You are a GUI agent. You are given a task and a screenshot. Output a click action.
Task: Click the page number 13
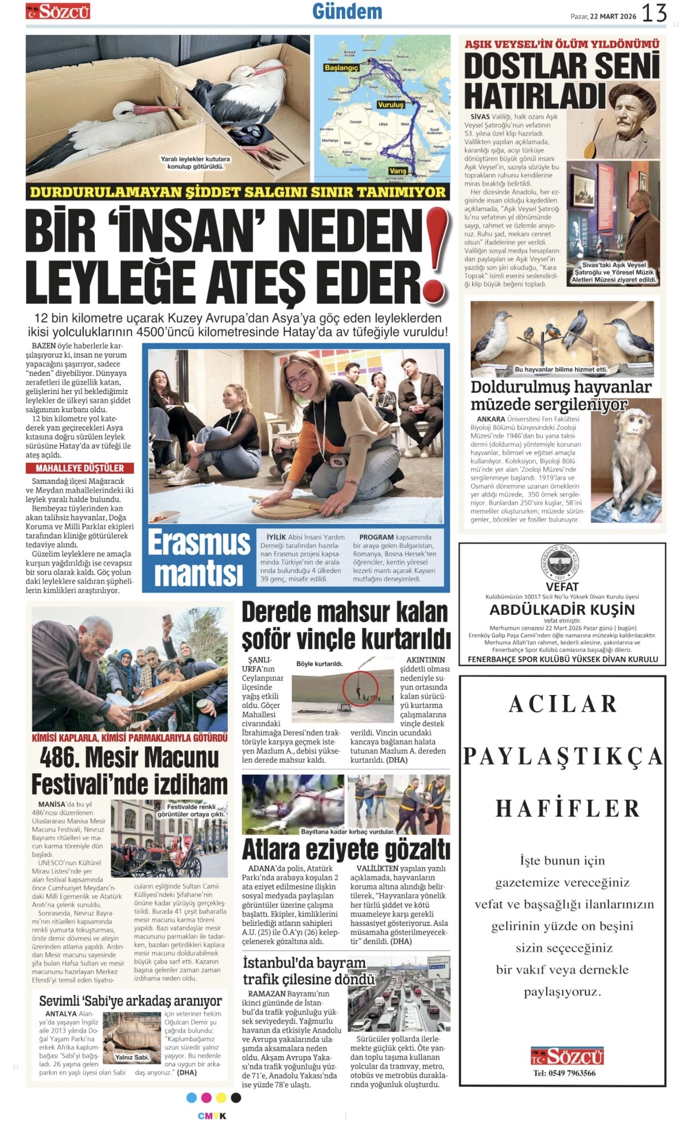tap(654, 13)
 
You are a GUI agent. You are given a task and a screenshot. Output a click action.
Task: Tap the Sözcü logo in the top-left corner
tap(57, 11)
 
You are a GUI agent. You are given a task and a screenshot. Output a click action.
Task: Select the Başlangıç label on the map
tap(341, 68)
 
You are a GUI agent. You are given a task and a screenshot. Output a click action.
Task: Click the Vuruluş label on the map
tap(390, 105)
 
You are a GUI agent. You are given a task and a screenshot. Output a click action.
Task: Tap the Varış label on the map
tap(398, 170)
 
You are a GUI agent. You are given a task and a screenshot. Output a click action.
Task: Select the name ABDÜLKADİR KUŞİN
tap(562, 610)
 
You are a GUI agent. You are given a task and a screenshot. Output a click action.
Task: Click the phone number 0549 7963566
tap(564, 1073)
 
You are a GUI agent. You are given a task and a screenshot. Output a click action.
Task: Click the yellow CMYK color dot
tap(221, 1097)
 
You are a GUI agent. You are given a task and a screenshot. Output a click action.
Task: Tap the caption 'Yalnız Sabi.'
tap(132, 1057)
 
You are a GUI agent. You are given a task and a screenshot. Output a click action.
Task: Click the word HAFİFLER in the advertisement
tap(567, 808)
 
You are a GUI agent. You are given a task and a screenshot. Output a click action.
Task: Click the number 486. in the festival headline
tap(60, 757)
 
